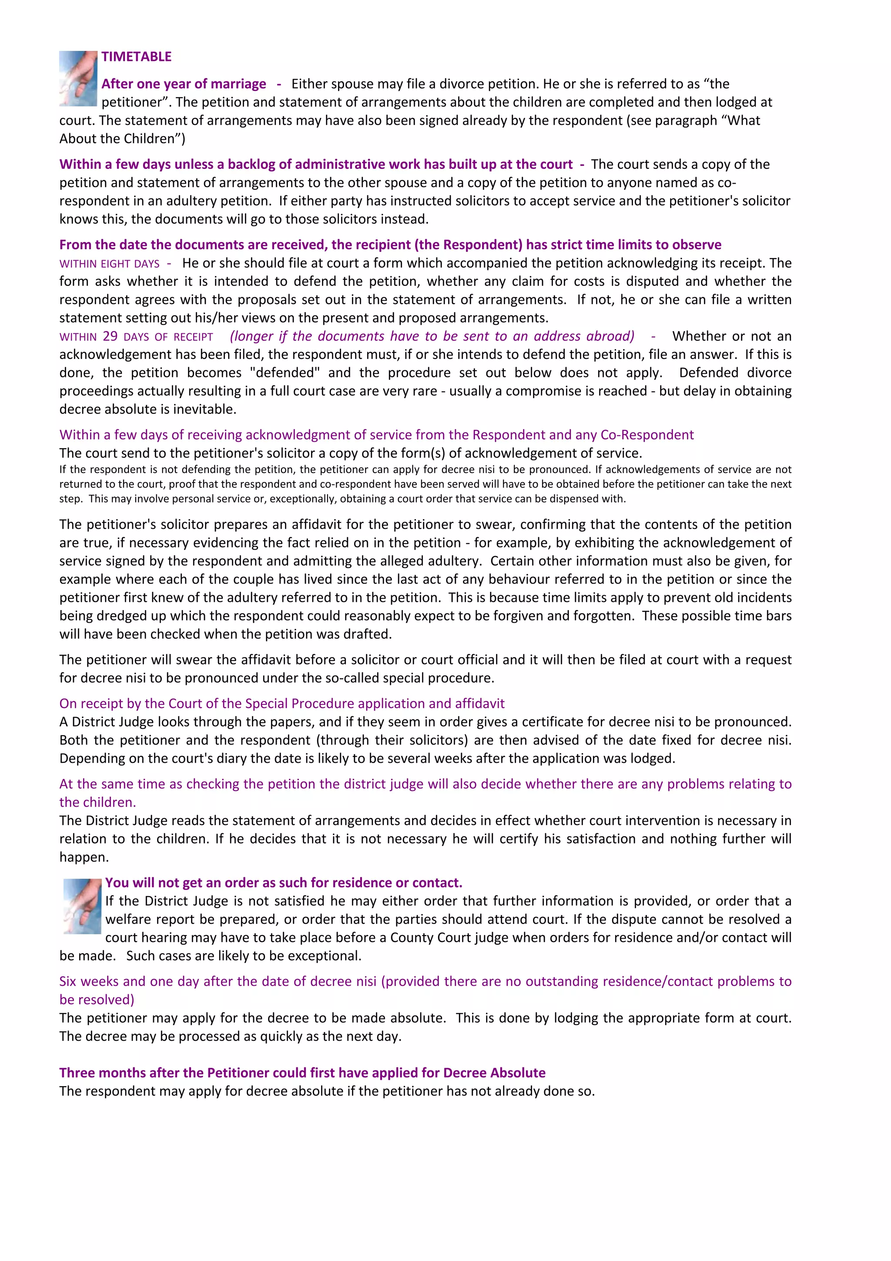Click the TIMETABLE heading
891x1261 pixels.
point(136,57)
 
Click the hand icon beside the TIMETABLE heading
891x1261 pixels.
point(78,78)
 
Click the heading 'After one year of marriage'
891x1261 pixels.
point(183,84)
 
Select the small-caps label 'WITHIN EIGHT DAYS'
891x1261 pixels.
point(109,264)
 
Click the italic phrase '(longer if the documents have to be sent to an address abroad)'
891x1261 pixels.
point(432,336)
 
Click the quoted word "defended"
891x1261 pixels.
point(285,372)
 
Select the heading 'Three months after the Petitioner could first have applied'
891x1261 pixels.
point(302,1073)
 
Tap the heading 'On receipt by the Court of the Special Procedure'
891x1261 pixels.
point(281,704)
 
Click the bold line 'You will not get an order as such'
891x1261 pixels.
point(283,882)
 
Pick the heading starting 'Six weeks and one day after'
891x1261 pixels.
point(425,982)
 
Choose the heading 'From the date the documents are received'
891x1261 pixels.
point(390,245)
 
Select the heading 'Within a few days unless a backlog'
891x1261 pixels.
point(316,164)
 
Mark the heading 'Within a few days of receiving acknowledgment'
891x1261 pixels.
point(376,435)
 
